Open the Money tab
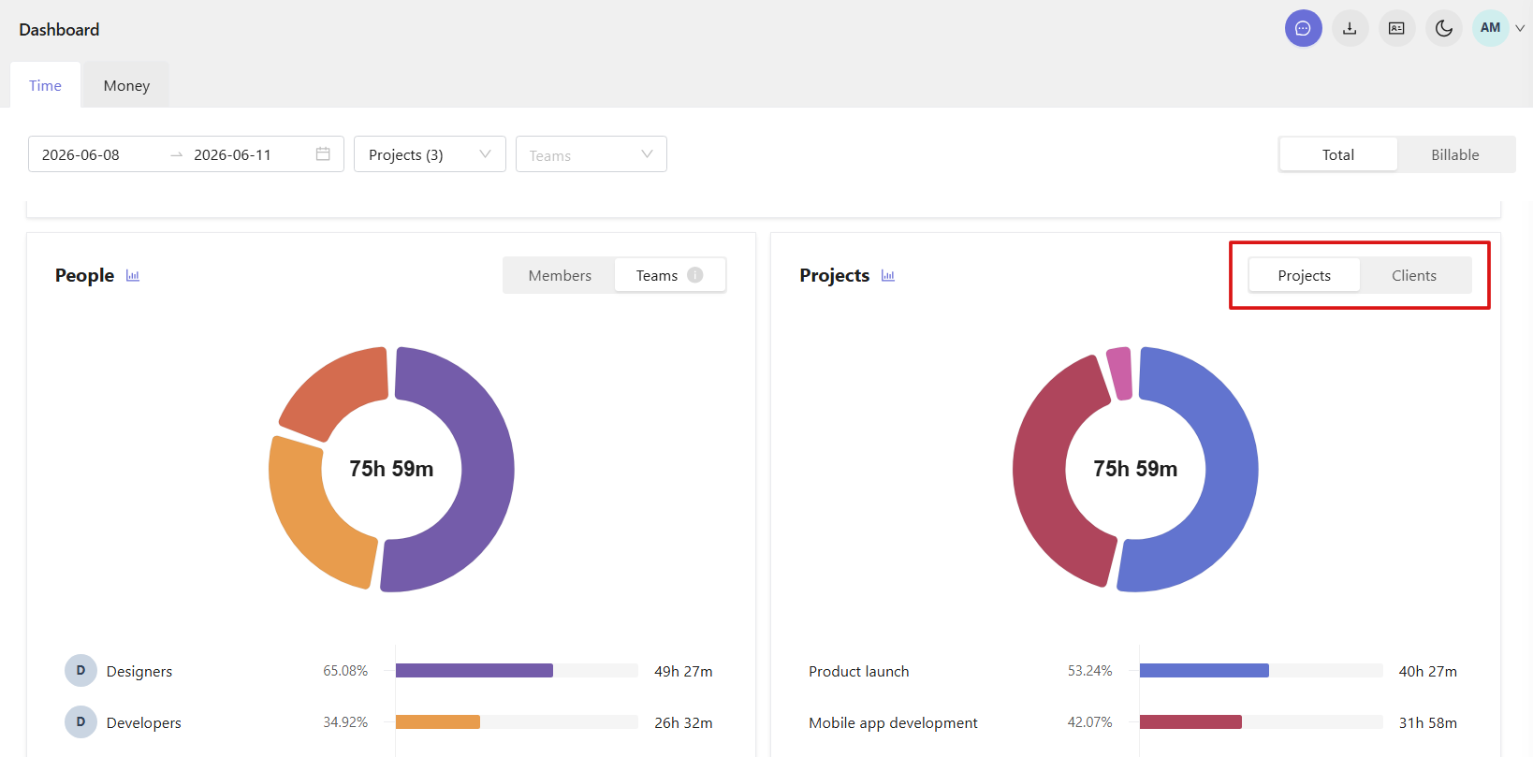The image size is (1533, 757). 126,85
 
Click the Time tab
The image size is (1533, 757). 45,85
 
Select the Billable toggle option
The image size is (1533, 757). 1455,154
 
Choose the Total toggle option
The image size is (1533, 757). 1338,154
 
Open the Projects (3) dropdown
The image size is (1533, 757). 430,154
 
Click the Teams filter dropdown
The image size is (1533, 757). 591,154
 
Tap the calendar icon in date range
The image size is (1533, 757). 323,154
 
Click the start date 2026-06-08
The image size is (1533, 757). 80,154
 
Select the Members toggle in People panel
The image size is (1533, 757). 560,275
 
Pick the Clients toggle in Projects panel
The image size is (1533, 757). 1414,275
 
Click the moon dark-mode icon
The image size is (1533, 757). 1443,28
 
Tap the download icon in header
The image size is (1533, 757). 1350,28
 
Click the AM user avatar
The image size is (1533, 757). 1490,28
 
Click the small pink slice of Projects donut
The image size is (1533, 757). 1120,373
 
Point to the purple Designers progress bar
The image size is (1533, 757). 474,671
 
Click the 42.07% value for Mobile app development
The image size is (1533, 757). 1089,722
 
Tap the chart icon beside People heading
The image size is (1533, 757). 133,276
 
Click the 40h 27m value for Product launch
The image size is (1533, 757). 1427,672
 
